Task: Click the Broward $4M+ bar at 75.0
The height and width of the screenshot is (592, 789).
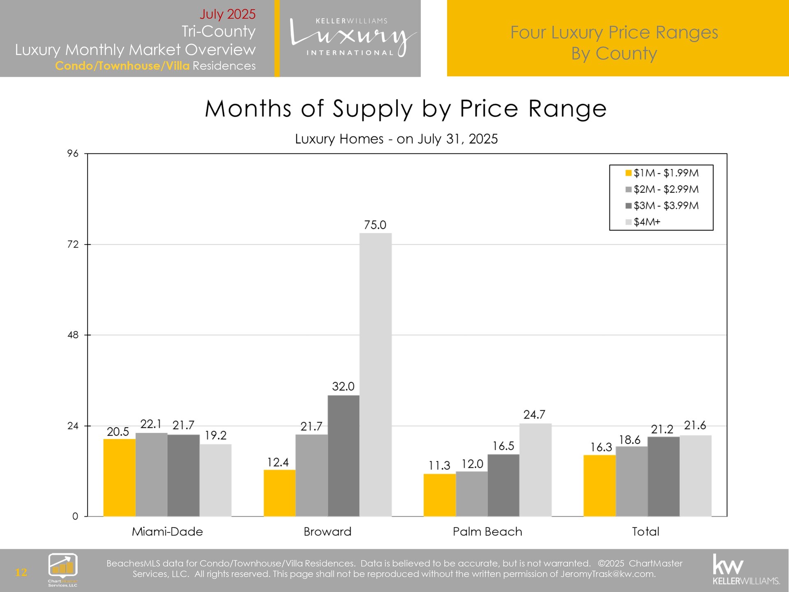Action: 376,374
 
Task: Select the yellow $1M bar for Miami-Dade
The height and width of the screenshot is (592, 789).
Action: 119,477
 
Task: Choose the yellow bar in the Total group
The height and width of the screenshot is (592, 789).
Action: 600,486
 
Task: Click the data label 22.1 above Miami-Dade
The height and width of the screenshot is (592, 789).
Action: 151,424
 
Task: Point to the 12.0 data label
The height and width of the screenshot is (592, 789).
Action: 472,464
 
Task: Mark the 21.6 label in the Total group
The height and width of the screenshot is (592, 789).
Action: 695,425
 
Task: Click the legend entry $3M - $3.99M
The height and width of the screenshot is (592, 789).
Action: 666,206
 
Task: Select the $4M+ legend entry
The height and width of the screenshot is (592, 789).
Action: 647,222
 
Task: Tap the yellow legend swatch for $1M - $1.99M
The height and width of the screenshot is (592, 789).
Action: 628,173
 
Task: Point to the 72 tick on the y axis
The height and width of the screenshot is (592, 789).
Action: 73,245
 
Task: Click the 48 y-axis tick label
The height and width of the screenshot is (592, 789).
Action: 73,335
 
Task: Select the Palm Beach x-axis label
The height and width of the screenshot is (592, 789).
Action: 487,532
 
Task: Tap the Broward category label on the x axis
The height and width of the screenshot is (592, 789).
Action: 328,532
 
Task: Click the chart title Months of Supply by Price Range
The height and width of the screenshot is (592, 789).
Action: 406,109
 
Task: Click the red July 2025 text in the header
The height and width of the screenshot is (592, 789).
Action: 227,14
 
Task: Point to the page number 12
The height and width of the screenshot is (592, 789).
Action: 21,572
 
